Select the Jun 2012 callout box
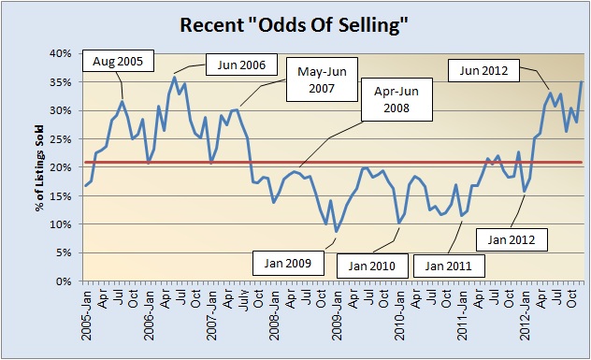click(x=483, y=67)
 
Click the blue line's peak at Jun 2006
click(x=174, y=77)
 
